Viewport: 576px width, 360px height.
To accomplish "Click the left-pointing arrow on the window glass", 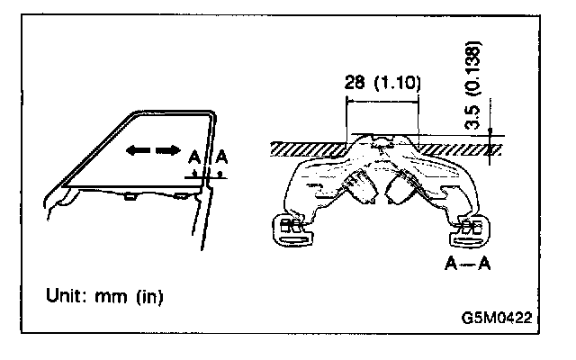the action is pyautogui.click(x=135, y=152).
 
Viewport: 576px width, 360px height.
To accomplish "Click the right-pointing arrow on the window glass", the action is pyautogui.click(x=164, y=152).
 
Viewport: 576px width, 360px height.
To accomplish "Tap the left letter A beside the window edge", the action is pyautogui.click(x=193, y=158).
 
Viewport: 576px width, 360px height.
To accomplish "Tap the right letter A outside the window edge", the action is pyautogui.click(x=220, y=158).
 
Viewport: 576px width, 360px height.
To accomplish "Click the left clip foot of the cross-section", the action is pyautogui.click(x=292, y=230).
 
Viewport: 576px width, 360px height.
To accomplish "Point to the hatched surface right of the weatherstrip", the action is pyautogui.click(x=459, y=147).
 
